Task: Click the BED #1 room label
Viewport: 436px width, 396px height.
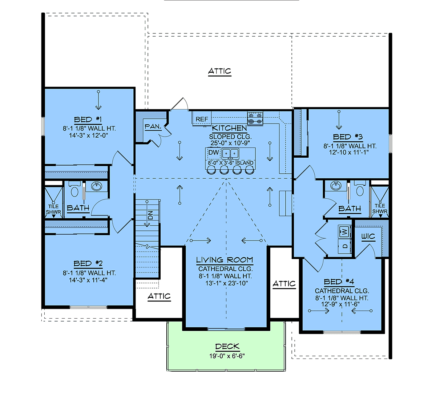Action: [x=88, y=120]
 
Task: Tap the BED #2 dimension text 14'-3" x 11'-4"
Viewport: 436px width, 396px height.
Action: [x=88, y=280]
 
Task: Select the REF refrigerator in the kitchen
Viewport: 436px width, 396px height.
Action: [x=202, y=119]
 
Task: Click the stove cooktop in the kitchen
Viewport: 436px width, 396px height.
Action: [x=255, y=119]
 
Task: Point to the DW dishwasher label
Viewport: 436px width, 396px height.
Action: [x=214, y=152]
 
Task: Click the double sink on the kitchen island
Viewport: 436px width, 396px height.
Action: [x=230, y=154]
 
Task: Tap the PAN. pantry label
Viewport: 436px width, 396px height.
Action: [x=153, y=126]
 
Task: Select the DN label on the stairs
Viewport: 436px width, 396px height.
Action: [x=150, y=215]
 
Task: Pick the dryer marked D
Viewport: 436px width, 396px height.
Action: [x=345, y=246]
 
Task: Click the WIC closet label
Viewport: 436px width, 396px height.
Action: [x=368, y=236]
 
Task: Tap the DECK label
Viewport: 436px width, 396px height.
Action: [x=227, y=346]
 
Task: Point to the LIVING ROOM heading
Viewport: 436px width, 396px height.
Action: [x=225, y=260]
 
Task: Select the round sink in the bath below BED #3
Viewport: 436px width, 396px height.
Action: [x=336, y=186]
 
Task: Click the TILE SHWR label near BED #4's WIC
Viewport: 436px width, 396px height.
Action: [x=380, y=209]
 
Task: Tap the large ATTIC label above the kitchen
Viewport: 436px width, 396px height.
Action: [x=219, y=71]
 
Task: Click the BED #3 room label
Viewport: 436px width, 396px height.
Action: [x=348, y=137]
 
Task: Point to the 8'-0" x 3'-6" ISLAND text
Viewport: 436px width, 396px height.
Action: [x=231, y=163]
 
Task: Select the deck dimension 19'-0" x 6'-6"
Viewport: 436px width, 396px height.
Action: [x=227, y=356]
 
